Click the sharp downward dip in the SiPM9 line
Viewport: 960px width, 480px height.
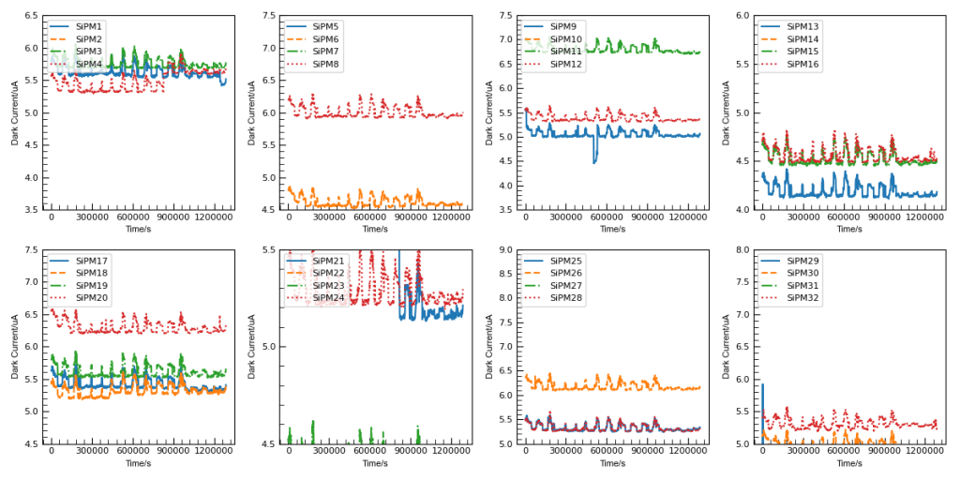[x=594, y=161]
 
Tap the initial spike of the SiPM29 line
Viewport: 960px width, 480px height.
[x=762, y=385]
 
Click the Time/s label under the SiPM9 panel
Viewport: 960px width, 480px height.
[x=612, y=229]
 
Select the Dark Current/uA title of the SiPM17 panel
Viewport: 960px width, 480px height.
[x=15, y=347]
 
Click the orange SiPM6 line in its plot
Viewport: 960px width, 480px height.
[x=375, y=202]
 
